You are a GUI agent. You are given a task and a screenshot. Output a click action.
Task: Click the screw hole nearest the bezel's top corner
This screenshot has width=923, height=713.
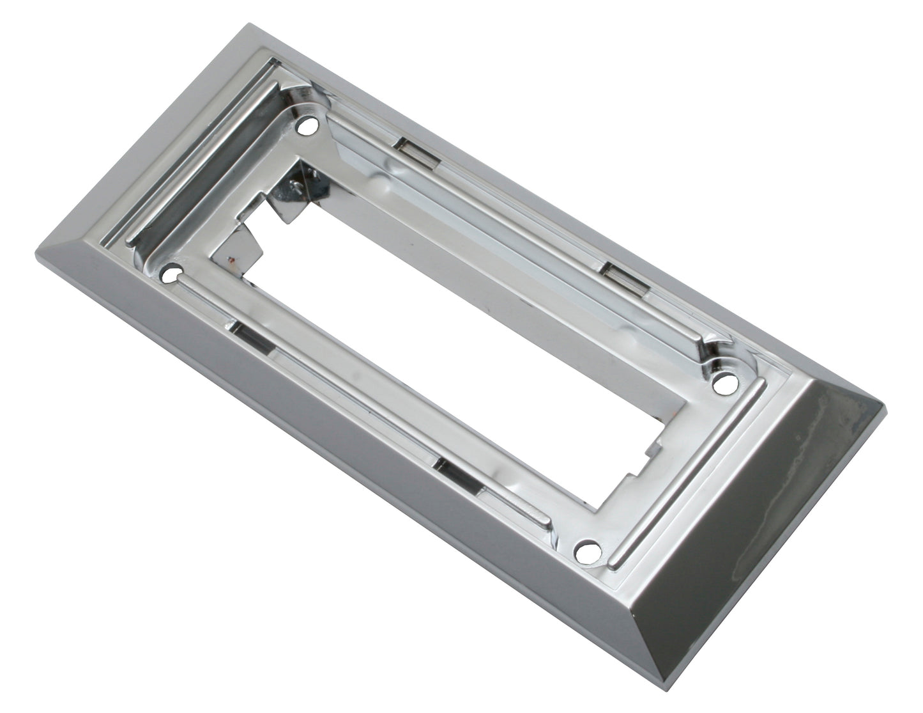(309, 126)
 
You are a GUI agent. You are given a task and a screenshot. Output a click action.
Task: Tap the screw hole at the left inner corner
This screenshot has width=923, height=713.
(170, 275)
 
